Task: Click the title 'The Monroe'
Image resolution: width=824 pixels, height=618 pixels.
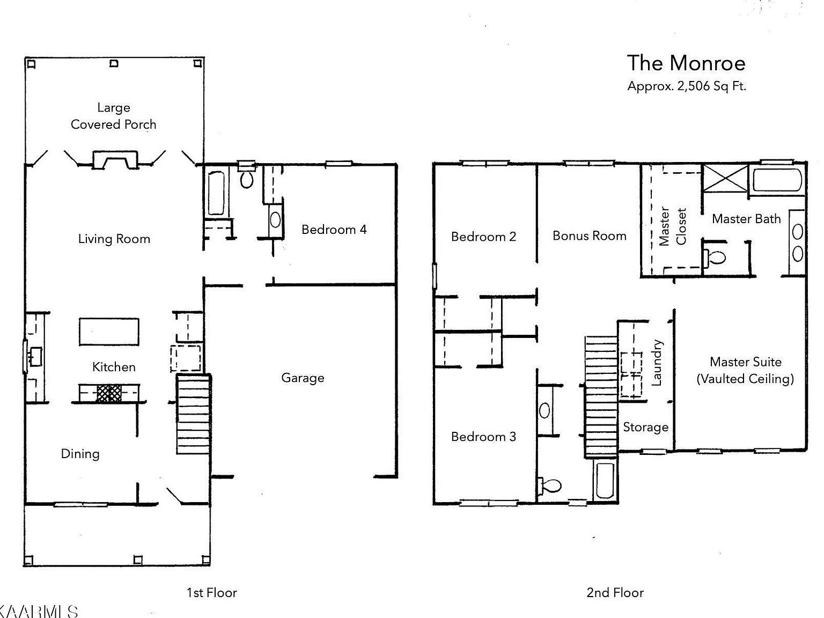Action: pyautogui.click(x=686, y=63)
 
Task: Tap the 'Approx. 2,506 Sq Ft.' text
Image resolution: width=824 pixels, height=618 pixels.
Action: pyautogui.click(x=686, y=86)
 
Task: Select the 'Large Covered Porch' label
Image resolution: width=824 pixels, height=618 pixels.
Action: pyautogui.click(x=113, y=116)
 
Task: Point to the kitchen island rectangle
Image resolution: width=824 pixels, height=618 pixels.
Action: pyautogui.click(x=109, y=332)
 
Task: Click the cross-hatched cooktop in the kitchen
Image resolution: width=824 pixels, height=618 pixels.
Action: pyautogui.click(x=109, y=393)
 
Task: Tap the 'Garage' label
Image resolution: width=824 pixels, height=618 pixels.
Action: pyautogui.click(x=303, y=378)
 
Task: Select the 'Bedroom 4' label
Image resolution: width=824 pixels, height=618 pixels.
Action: pyautogui.click(x=334, y=230)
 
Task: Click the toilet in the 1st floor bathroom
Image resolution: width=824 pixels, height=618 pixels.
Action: pyautogui.click(x=247, y=178)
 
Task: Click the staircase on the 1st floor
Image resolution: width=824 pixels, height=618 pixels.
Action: pyautogui.click(x=193, y=414)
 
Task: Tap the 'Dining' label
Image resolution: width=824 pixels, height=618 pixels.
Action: pyautogui.click(x=80, y=454)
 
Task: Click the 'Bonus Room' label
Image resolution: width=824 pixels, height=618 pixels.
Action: pyautogui.click(x=589, y=236)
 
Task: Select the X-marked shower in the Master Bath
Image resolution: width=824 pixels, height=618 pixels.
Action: pyautogui.click(x=725, y=178)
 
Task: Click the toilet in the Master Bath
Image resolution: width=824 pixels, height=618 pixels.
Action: pyautogui.click(x=716, y=256)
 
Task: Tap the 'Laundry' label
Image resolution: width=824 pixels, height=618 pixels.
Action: pyautogui.click(x=657, y=363)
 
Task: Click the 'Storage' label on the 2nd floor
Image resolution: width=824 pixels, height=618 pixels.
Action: pyautogui.click(x=645, y=427)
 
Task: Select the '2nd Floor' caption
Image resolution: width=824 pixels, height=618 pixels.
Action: pyautogui.click(x=615, y=593)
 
